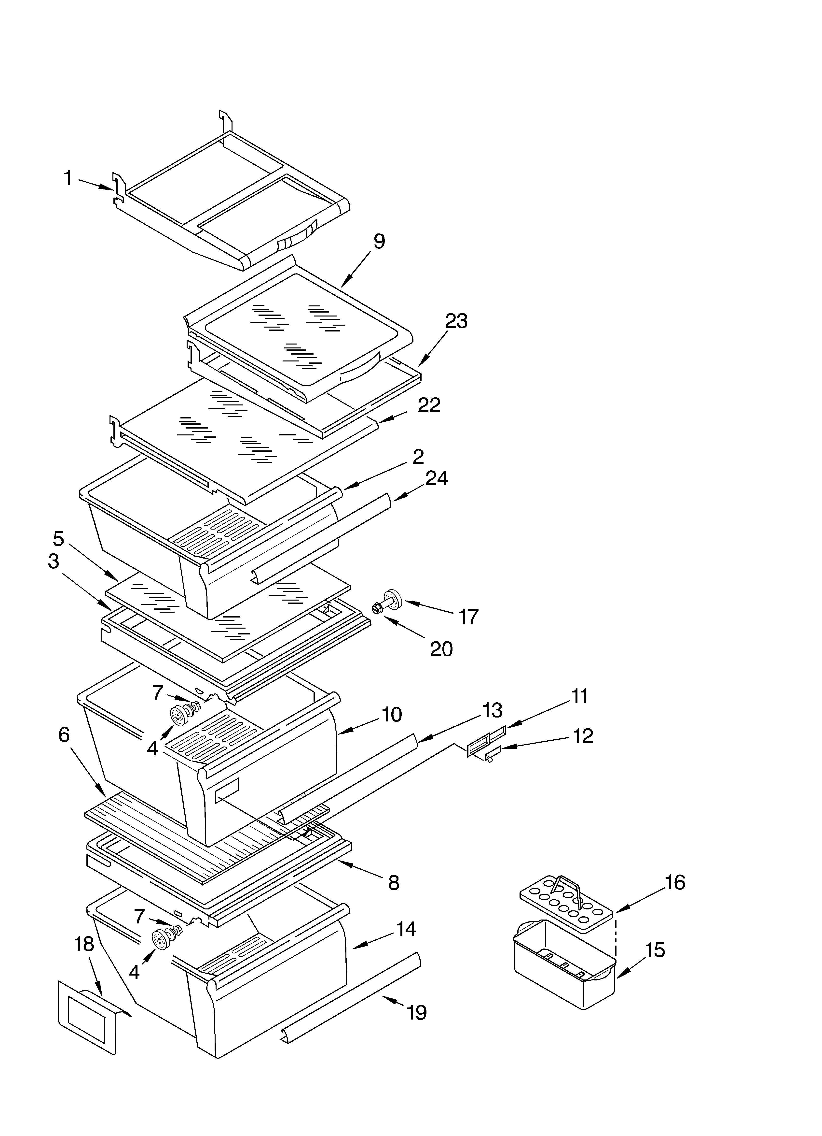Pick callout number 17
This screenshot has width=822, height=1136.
coord(468,617)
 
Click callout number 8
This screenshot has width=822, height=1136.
coord(394,883)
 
